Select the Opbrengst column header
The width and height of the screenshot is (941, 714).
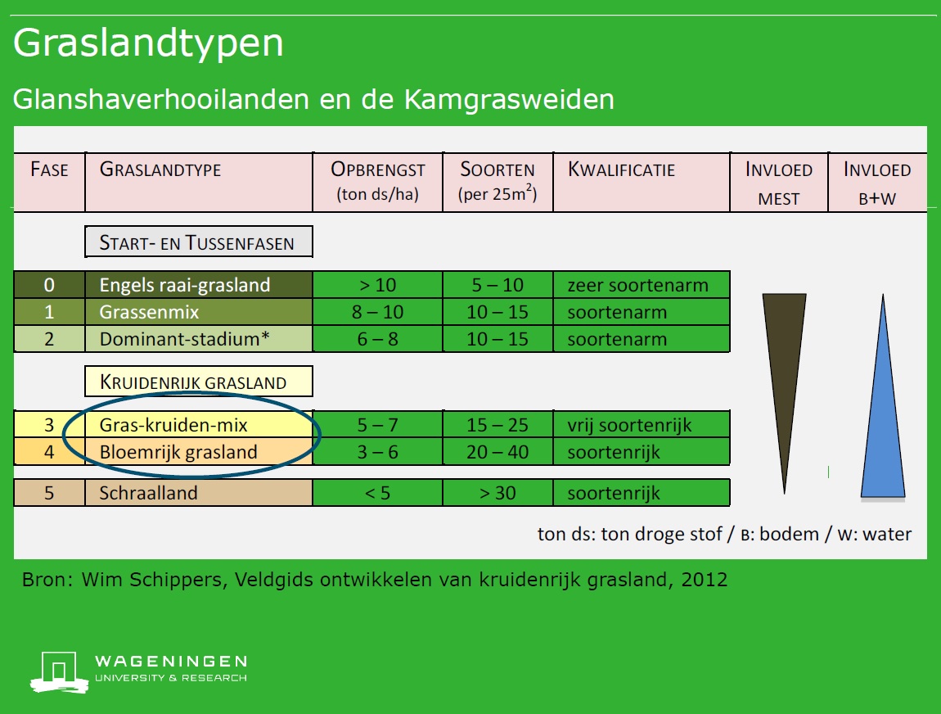pos(377,181)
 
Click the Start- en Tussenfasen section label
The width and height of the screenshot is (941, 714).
pos(199,242)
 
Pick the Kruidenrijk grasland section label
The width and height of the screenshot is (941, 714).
pos(199,382)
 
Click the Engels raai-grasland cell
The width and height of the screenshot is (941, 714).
pos(199,285)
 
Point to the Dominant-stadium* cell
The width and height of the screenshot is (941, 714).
pos(199,339)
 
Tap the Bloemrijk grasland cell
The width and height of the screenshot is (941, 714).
pos(199,452)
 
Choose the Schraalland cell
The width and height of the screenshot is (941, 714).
pos(199,492)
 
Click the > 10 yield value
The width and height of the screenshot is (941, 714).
pos(377,285)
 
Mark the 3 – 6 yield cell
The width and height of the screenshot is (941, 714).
pos(377,452)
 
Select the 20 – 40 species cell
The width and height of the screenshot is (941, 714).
pos(498,452)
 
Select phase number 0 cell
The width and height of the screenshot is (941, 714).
pos(49,285)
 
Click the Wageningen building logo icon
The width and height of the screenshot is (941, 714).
pos(59,672)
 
